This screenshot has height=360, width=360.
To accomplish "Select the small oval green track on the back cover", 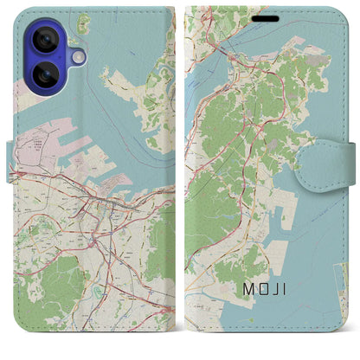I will point(105,291).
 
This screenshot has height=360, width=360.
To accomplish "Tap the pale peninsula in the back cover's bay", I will point(130,87).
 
